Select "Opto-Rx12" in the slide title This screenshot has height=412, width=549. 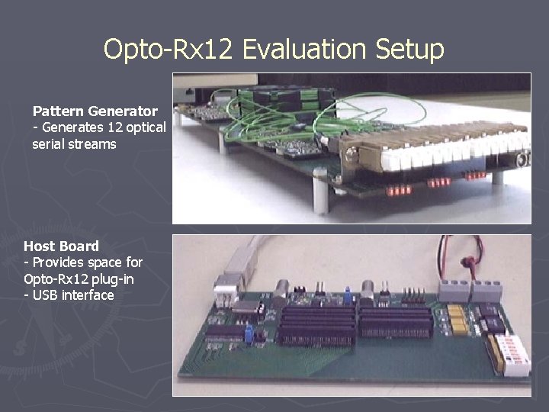pos(169,50)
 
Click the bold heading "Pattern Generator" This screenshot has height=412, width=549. pos(95,111)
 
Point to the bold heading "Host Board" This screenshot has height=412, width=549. pos(61,246)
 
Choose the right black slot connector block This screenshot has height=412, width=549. pos(396,320)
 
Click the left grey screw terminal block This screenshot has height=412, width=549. pos(449,290)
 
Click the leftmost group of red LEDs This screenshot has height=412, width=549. pos(397,189)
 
